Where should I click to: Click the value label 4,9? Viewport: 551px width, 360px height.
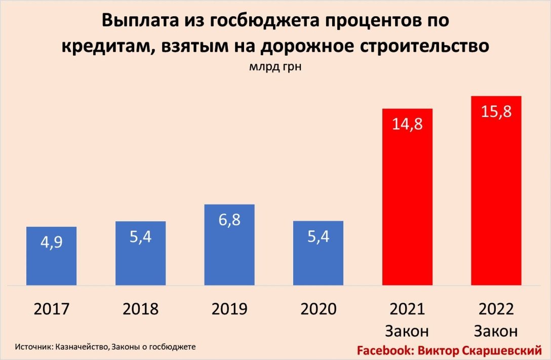pos(51,242)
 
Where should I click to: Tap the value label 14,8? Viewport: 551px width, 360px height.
pos(407,124)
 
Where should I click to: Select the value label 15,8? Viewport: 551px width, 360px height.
pos(496,111)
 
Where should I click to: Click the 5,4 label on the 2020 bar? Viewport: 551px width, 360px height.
pos(318,236)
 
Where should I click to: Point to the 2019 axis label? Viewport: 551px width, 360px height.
pos(229,309)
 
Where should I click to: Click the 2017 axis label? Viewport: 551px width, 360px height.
pos(51,309)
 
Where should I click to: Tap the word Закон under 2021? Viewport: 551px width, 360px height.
pos(407,331)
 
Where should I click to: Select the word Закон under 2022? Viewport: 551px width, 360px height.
pos(496,331)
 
